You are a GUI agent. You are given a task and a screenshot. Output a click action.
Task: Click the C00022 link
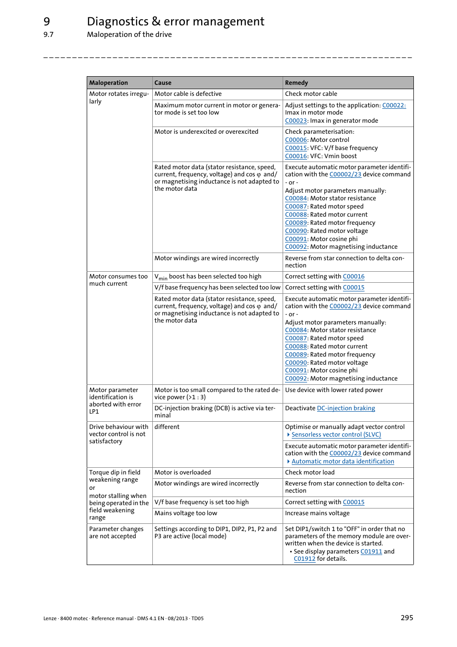[393, 105]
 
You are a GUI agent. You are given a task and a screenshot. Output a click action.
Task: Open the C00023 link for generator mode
[296, 121]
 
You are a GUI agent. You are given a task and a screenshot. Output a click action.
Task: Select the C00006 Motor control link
[296, 140]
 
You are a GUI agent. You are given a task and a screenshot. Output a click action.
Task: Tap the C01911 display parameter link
[371, 552]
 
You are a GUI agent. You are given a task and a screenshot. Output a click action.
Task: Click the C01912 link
[304, 559]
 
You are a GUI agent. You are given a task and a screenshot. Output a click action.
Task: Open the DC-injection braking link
[345, 408]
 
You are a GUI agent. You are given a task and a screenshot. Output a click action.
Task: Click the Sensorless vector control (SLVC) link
[336, 435]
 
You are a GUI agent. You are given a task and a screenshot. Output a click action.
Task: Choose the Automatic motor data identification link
[343, 462]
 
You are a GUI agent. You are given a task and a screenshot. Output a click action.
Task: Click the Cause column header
[163, 83]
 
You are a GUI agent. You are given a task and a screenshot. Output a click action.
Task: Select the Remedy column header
[297, 83]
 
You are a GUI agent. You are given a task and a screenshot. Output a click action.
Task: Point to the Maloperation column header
[109, 83]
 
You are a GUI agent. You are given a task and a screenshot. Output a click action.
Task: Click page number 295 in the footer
[407, 618]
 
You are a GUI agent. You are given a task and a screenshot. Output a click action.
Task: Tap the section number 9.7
[48, 35]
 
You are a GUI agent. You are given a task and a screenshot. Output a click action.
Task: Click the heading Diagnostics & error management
[175, 22]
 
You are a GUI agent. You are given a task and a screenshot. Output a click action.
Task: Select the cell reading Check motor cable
[311, 94]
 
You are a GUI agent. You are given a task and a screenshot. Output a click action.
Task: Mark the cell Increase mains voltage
[317, 513]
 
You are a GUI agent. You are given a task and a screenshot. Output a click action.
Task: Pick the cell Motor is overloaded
[183, 473]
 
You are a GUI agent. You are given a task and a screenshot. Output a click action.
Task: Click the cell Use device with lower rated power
[334, 390]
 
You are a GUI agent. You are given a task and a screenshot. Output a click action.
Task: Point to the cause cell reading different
[167, 427]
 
